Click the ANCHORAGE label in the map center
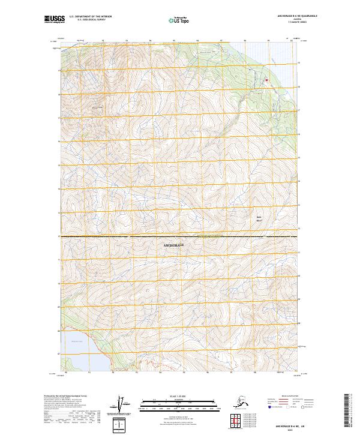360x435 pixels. (172, 246)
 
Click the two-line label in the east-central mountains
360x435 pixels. (260, 219)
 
